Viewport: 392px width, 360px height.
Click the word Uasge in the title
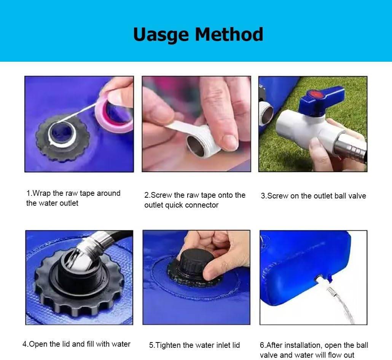[161, 35]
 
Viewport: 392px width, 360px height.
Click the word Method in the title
[229, 34]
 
